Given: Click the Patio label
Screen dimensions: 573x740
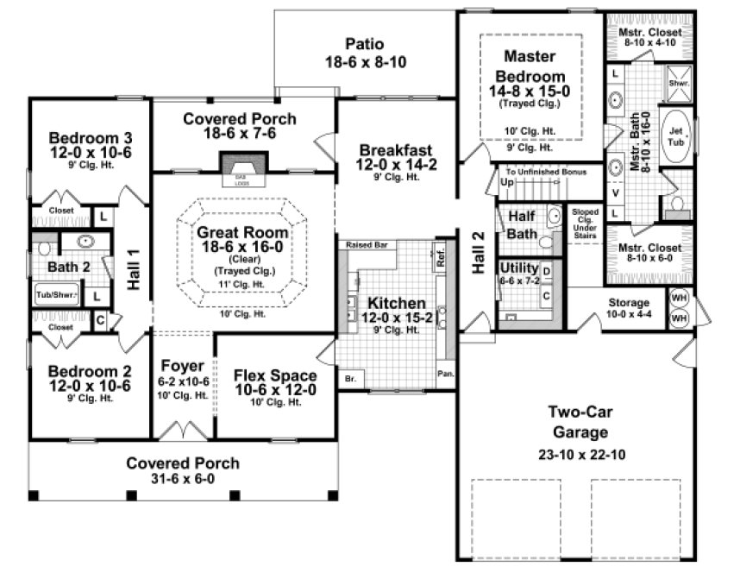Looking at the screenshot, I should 365,43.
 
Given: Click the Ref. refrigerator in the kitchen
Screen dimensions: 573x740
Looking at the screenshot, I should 440,257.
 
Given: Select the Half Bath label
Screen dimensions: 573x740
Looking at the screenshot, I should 523,224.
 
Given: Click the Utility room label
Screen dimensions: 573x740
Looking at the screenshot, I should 519,268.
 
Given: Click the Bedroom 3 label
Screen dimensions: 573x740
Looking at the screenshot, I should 90,137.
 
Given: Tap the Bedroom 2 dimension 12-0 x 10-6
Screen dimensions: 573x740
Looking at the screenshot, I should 90,385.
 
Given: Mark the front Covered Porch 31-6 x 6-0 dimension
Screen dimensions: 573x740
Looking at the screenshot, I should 182,479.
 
